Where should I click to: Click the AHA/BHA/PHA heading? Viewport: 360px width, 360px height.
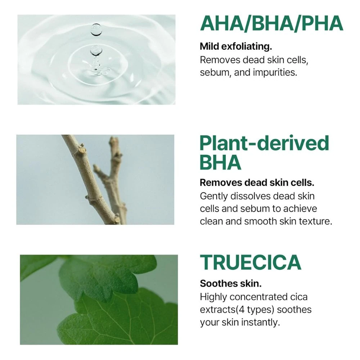tap(271, 23)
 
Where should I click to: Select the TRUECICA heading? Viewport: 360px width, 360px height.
tap(251, 262)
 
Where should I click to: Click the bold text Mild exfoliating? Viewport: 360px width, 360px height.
tap(236, 46)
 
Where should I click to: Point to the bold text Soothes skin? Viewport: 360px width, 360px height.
tap(231, 284)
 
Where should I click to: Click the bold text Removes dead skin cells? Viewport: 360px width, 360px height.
tap(257, 183)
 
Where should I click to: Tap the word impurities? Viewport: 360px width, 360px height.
tap(275, 73)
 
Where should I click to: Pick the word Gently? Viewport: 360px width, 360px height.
tap(213, 197)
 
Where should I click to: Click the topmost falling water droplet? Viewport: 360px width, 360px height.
tap(96, 30)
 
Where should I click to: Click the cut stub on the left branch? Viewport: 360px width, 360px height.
tap(82, 150)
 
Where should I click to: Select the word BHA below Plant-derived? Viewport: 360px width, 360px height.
tap(220, 162)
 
